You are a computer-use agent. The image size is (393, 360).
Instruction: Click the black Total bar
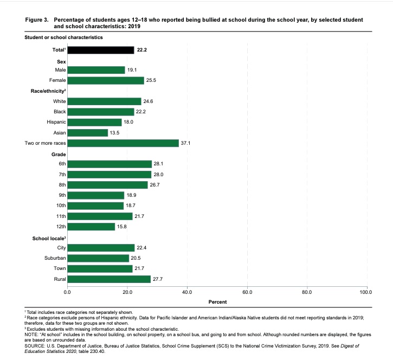click(100, 50)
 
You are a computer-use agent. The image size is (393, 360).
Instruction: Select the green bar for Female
click(106, 80)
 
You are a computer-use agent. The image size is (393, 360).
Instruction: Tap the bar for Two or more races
click(123, 143)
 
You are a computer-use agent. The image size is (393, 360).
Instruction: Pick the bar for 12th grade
click(91, 227)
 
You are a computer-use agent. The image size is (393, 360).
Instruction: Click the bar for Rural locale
click(109, 279)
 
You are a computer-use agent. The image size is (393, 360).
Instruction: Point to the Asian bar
click(88, 133)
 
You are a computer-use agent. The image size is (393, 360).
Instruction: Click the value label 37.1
click(186, 143)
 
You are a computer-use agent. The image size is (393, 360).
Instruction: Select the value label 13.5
click(115, 133)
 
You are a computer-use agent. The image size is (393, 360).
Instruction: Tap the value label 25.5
click(151, 80)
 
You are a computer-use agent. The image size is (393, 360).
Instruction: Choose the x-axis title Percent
click(217, 301)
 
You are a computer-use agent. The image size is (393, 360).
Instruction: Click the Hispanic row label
click(56, 122)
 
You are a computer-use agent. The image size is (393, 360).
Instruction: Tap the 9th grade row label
click(61, 195)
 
